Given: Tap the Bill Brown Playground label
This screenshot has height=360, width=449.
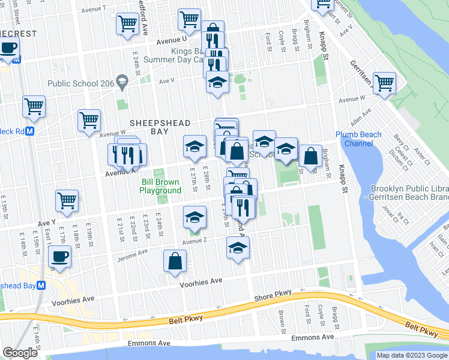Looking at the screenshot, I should (160, 186).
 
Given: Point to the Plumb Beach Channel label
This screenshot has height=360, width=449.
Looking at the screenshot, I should (358, 139).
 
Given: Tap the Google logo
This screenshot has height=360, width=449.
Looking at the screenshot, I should (20, 353).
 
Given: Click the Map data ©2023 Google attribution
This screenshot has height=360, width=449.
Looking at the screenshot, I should (411, 355).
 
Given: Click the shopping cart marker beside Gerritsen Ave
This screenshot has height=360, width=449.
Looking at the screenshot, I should (384, 83).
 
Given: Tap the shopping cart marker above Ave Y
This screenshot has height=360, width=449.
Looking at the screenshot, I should (67, 201).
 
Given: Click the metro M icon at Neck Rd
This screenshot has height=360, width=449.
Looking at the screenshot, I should (28, 131).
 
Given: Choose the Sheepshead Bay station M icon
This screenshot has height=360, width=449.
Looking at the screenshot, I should (41, 286).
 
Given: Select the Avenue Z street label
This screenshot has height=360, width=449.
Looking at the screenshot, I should (194, 241).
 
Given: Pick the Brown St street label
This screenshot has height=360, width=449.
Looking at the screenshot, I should (281, 319).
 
